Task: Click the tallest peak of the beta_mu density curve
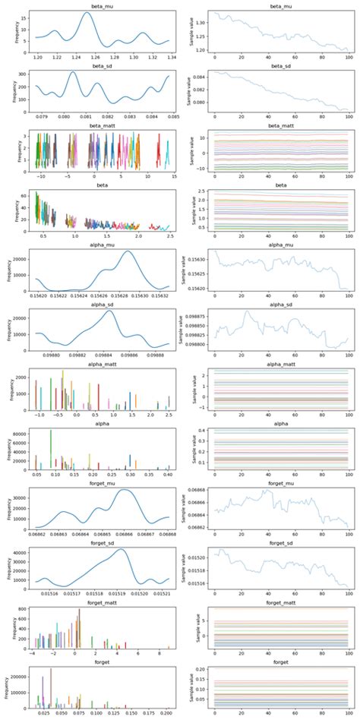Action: point(87,13)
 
